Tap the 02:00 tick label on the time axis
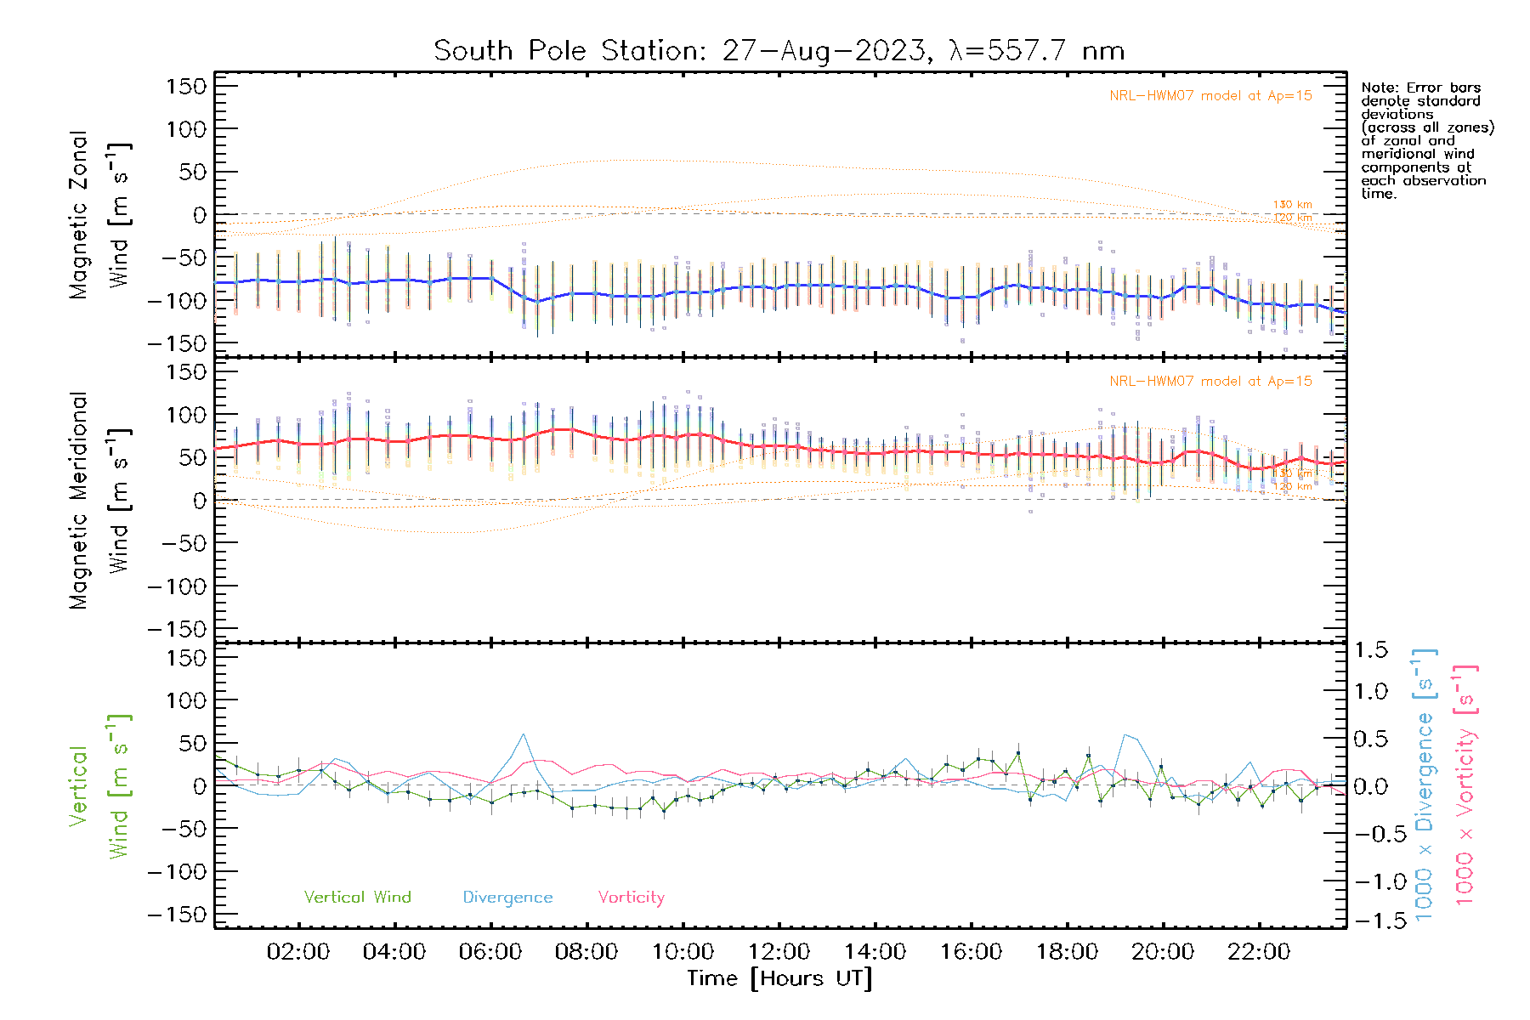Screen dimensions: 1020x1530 coord(297,952)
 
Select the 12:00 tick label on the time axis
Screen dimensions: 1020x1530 coord(779,952)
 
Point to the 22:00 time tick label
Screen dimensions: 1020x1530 coord(1259,952)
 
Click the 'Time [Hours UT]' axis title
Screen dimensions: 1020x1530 coord(779,978)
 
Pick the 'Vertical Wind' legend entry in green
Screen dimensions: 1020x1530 coord(357,897)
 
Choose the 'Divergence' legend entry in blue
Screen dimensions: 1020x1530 coord(507,897)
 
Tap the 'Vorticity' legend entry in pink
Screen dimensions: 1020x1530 coord(631,897)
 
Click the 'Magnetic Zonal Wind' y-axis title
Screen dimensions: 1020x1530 coord(100,215)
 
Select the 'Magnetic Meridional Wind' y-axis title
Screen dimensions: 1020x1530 coord(100,501)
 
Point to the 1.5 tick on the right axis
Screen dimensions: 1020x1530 coord(1370,650)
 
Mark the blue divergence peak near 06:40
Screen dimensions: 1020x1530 coord(523,734)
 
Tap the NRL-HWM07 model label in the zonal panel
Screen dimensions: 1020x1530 coord(1210,96)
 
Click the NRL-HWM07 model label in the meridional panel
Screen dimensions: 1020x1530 coord(1210,382)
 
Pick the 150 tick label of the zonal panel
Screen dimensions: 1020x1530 coord(186,87)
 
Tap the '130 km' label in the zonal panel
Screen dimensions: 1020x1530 coord(1292,205)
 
